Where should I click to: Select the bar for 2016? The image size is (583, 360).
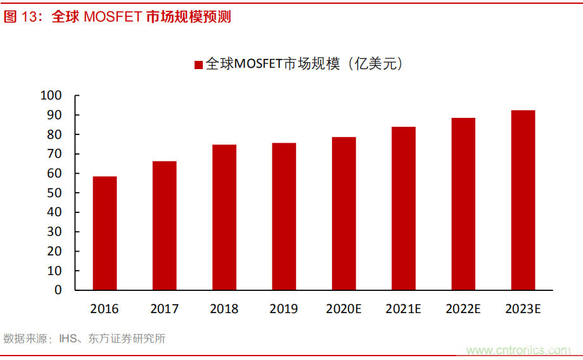pos(105,233)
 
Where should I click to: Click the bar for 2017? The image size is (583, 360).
pos(164,226)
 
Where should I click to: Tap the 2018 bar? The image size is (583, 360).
pos(224,217)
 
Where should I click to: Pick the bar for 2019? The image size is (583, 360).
pos(284,216)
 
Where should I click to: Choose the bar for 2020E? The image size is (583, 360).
pos(343,214)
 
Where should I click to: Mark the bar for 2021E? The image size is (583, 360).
pos(404,209)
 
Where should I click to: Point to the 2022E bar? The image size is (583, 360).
pos(463,204)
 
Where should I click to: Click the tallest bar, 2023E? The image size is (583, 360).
pos(523,200)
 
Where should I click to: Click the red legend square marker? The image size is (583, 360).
pos(198,65)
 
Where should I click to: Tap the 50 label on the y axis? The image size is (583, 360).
pos(54,193)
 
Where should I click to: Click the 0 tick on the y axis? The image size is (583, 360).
pos(58,290)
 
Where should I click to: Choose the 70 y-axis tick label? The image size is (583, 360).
pos(54,154)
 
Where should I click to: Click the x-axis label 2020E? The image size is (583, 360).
pos(343,309)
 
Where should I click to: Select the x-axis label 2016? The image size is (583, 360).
pos(105,309)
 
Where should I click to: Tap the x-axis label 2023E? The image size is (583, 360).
pos(523,309)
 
